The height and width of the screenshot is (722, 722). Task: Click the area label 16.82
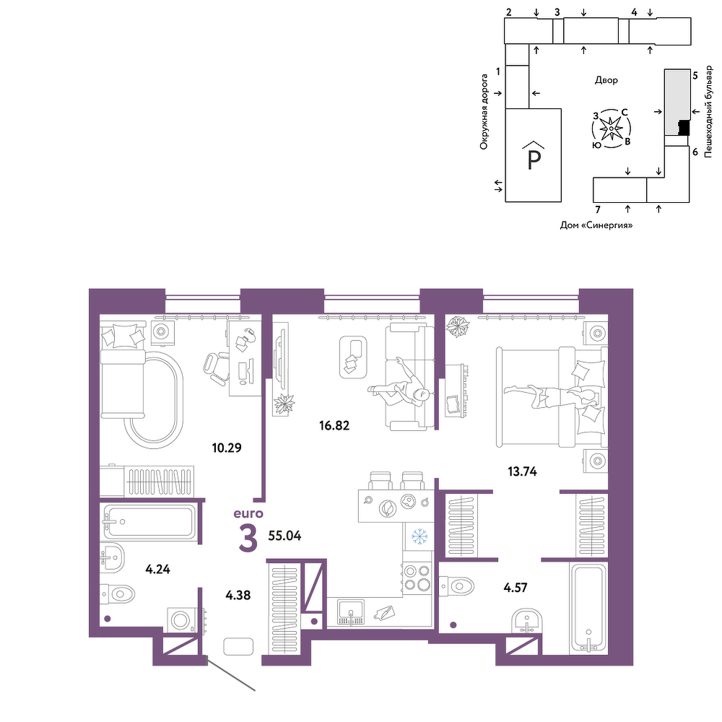click(334, 425)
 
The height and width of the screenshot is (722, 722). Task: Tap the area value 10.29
click(227, 448)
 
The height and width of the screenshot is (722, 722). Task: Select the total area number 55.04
click(284, 536)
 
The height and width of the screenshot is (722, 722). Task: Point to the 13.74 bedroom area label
click(522, 471)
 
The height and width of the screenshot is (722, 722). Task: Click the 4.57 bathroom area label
click(516, 588)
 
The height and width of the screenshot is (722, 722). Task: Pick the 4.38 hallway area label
click(238, 596)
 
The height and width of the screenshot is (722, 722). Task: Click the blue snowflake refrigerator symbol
click(419, 536)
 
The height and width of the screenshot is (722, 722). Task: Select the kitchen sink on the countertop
click(351, 612)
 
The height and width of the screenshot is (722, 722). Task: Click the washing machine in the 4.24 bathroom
click(183, 620)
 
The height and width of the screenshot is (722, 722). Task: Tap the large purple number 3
click(248, 539)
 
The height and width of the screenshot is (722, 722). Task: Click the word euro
click(248, 513)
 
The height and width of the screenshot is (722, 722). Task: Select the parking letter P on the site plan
click(534, 160)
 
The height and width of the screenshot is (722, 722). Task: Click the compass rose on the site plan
click(612, 129)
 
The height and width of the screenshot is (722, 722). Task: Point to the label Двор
click(606, 80)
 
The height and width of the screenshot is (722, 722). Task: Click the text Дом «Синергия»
click(596, 225)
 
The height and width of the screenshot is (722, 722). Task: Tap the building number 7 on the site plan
click(598, 210)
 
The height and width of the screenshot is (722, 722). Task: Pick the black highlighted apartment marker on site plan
click(684, 126)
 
